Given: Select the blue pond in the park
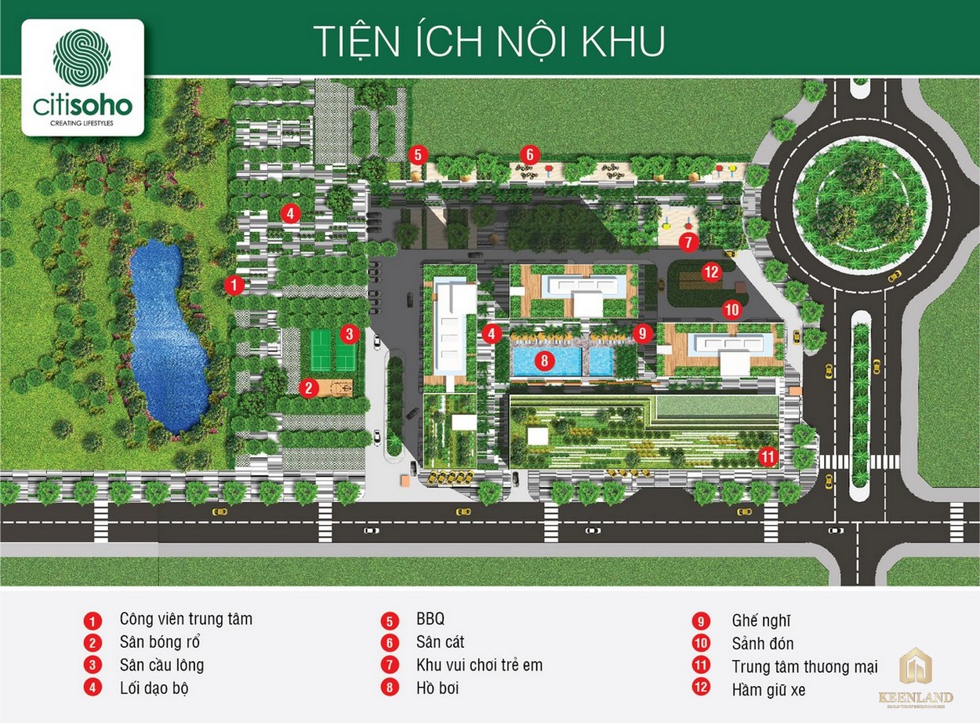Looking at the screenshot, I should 167,337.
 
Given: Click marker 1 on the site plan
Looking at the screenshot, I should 233,285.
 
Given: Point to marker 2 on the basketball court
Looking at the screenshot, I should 310,387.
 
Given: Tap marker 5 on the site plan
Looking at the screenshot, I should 418,154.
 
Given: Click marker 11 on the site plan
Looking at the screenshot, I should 768,456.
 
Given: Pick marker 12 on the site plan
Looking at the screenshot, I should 711,272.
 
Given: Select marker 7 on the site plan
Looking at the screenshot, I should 688,242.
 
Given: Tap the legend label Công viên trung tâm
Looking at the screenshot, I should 186,619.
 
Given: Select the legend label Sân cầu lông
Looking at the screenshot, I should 162,665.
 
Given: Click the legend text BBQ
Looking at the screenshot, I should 430,619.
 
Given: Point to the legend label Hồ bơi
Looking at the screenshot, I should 437,688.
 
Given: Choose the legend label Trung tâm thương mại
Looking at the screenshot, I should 804,667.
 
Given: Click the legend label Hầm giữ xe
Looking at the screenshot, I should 768,690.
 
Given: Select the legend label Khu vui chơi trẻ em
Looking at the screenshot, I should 479,665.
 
